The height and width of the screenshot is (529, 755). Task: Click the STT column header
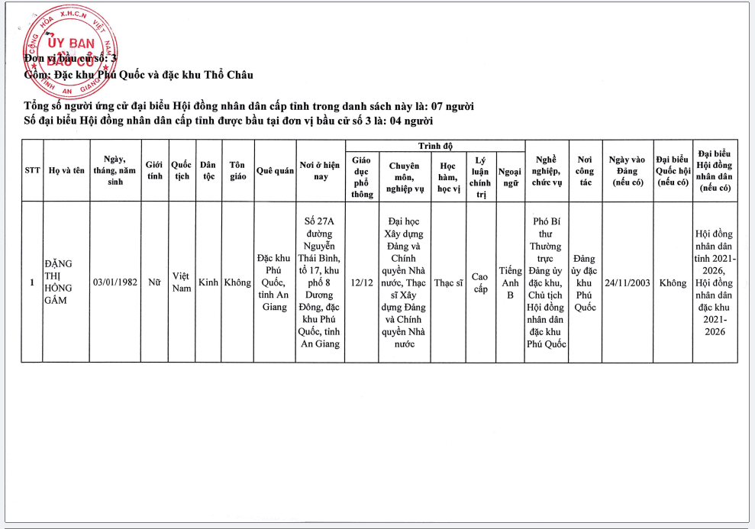tap(32, 170)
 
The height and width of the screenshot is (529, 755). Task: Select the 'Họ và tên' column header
tap(66, 170)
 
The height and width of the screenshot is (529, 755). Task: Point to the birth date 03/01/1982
tap(115, 282)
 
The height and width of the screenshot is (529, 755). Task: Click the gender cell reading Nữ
tap(155, 282)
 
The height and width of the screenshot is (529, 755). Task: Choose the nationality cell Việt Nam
tap(182, 282)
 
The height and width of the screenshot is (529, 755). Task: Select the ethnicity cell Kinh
tap(208, 282)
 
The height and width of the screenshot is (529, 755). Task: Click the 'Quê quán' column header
tap(275, 171)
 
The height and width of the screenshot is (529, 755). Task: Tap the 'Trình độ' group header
tap(435, 145)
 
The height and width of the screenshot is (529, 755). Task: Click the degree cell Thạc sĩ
tap(448, 282)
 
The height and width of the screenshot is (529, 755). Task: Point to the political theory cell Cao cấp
tap(480, 282)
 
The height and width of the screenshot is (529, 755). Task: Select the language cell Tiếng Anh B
tap(510, 282)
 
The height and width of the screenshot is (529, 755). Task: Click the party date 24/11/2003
tap(627, 282)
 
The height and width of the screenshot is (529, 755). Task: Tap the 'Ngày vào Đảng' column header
tap(627, 171)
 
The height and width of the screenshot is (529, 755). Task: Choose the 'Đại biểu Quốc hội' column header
tap(673, 171)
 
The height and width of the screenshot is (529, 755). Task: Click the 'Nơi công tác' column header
tap(585, 171)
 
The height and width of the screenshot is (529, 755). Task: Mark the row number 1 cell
tap(32, 282)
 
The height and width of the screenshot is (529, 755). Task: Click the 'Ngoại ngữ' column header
tap(510, 177)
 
